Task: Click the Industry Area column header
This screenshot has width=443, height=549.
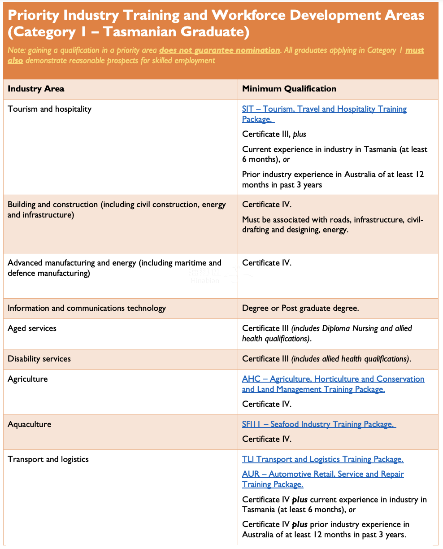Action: pos(36,89)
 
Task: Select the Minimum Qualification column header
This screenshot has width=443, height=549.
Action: pos(289,89)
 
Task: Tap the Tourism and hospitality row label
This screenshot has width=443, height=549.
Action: pos(49,109)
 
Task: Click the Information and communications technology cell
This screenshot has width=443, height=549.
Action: pos(87,308)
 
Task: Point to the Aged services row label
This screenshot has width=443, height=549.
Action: pos(32,328)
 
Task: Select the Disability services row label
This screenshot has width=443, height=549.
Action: pos(39,359)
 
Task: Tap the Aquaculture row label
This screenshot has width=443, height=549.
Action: pos(29,424)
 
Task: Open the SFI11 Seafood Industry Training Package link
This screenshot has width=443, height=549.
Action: pos(318,424)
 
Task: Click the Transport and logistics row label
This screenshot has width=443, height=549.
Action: pos(48,459)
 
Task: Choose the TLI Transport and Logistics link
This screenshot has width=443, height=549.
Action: pos(322,459)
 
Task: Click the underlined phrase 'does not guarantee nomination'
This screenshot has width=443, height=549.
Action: pos(219,50)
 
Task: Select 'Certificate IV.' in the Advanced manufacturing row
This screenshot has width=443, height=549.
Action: pos(266,263)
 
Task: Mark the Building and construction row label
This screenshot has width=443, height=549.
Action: pos(117,209)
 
